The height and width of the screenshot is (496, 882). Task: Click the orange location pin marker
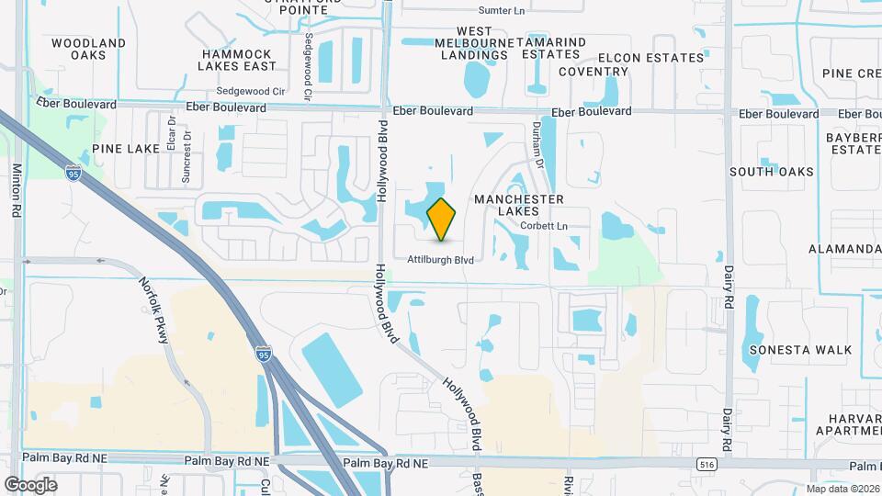(442, 219)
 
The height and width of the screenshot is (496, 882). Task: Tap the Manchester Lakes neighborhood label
(518, 205)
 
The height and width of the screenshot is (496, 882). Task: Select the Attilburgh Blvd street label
(441, 260)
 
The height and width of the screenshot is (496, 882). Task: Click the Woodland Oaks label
(89, 49)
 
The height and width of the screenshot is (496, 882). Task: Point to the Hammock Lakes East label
(238, 60)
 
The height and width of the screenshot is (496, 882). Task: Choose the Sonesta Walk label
(800, 350)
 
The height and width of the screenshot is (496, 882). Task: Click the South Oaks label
(771, 172)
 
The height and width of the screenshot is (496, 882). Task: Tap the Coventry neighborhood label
(593, 72)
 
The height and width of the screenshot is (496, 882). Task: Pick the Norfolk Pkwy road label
(153, 310)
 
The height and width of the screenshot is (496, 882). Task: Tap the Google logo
(30, 484)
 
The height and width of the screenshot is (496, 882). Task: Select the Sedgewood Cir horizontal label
(251, 92)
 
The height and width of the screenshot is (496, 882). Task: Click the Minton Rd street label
(17, 190)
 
